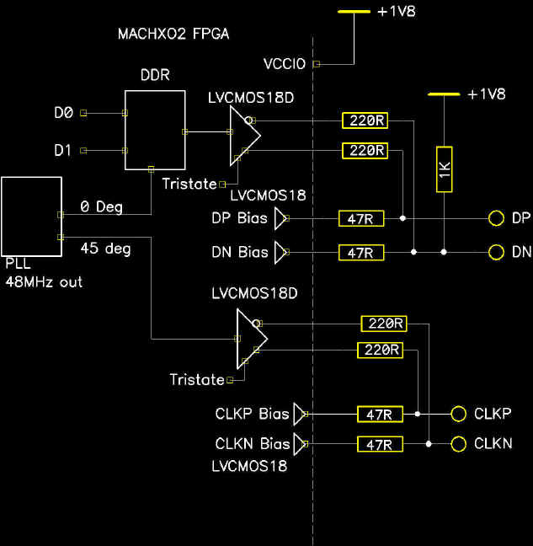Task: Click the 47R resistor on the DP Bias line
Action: pyautogui.click(x=361, y=219)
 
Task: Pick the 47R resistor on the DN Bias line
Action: pyautogui.click(x=361, y=252)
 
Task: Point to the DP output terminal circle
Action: pyautogui.click(x=496, y=219)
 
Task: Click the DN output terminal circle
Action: pyautogui.click(x=496, y=252)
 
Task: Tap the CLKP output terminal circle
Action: pyautogui.click(x=458, y=415)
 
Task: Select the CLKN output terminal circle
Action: pyautogui.click(x=458, y=444)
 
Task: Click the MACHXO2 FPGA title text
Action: pyautogui.click(x=174, y=35)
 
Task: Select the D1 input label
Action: pyautogui.click(x=62, y=151)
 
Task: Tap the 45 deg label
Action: pyautogui.click(x=105, y=249)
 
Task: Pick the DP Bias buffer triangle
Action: pyautogui.click(x=280, y=219)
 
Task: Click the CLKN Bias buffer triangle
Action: pyautogui.click(x=301, y=444)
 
